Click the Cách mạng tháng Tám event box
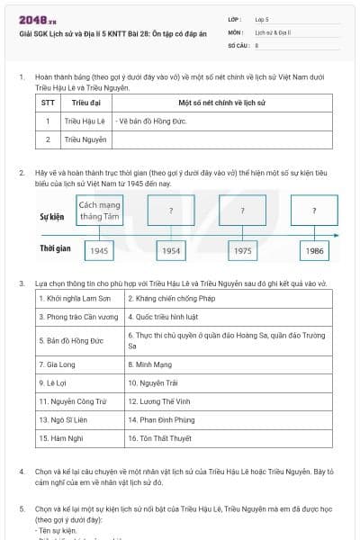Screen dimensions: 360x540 click(100, 211)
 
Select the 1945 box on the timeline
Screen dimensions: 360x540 click(100, 250)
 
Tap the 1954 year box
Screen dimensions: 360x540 click(171, 250)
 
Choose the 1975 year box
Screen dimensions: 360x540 click(242, 250)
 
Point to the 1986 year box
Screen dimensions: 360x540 click(314, 250)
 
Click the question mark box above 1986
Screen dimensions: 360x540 click(314, 211)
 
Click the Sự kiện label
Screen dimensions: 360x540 click(52, 217)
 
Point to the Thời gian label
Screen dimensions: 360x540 click(55, 247)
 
